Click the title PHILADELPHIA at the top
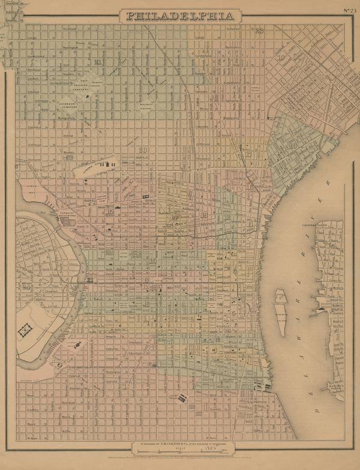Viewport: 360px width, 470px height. tap(179, 16)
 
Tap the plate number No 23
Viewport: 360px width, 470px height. tap(350, 10)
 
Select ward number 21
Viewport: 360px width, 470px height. tap(97, 62)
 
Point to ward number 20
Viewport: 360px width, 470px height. tap(143, 150)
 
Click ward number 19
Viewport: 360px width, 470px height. tap(281, 58)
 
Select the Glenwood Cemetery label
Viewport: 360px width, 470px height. tap(70, 103)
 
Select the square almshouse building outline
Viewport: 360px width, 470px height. tap(25, 329)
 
